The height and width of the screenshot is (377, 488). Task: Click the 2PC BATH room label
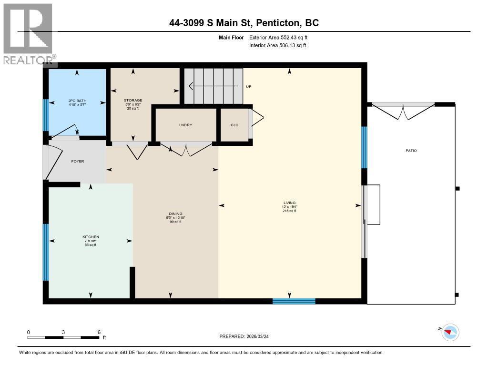[x=76, y=101]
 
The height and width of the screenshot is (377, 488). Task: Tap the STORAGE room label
[x=133, y=100]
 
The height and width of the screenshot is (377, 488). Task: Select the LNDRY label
[x=185, y=125]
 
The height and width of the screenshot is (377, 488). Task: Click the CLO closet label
[x=234, y=125]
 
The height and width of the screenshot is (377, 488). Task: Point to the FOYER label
[x=77, y=161]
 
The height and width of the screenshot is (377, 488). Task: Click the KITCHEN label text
[x=90, y=237]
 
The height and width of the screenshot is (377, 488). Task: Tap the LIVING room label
[x=289, y=203]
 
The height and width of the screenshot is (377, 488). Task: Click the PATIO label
[x=411, y=151]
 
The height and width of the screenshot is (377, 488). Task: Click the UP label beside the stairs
[x=248, y=87]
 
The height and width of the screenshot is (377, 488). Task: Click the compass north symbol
[x=450, y=332]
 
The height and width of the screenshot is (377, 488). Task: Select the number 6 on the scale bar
[x=99, y=332]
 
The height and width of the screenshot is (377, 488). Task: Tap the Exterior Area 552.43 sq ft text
[x=282, y=37]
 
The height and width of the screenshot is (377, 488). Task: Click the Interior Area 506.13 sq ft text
[x=277, y=46]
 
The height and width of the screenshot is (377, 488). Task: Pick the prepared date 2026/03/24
[x=261, y=336]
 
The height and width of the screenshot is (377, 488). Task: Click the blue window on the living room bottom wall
[x=294, y=301]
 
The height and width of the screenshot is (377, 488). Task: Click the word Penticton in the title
[x=277, y=22]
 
